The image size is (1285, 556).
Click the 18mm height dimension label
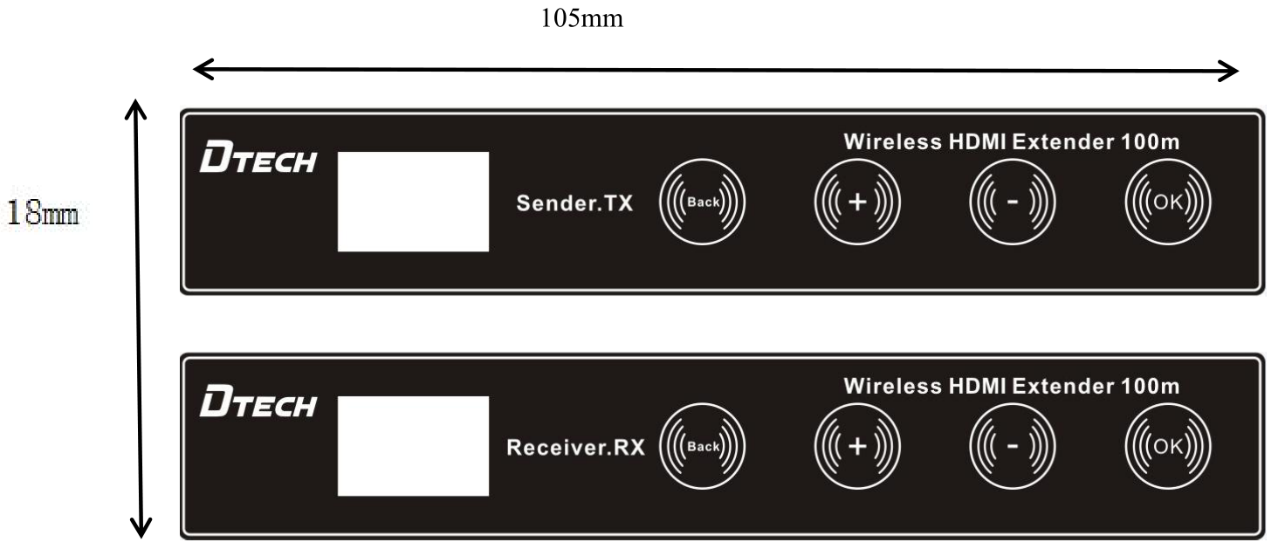click(x=44, y=213)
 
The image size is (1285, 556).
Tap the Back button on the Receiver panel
click(x=703, y=447)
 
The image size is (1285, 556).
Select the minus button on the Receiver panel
click(x=1013, y=447)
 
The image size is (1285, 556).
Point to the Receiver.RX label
click(x=575, y=449)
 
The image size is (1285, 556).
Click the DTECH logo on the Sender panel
click(x=258, y=162)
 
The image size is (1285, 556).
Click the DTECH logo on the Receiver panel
click(x=258, y=406)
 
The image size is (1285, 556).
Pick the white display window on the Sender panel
click(x=413, y=202)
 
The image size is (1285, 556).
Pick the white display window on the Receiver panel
click(x=413, y=445)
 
